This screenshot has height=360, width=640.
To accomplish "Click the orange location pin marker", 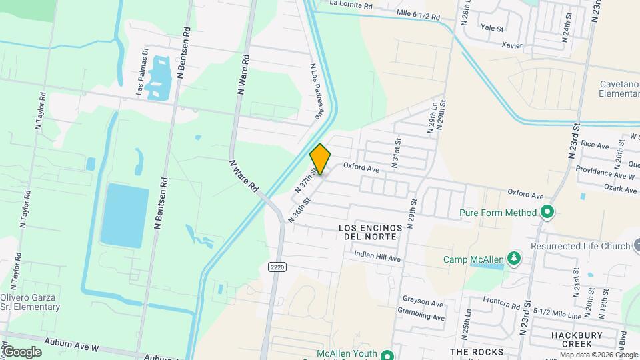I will pos(320,159).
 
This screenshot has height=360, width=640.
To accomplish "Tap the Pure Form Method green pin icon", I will pos(547,213).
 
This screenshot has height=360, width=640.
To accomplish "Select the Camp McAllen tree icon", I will pos(513,259).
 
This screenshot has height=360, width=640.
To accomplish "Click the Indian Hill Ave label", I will pos(377,255).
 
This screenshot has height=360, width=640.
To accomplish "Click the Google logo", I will pos(22,351).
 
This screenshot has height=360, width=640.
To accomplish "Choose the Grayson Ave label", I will pos(423,304).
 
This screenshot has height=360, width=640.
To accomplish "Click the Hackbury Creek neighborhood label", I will pos(577,339).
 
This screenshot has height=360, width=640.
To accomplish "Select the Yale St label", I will pos(491,29).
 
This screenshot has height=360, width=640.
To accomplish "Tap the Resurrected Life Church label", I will pos(580,246).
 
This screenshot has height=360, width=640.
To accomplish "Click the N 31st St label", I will pos(397,153).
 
